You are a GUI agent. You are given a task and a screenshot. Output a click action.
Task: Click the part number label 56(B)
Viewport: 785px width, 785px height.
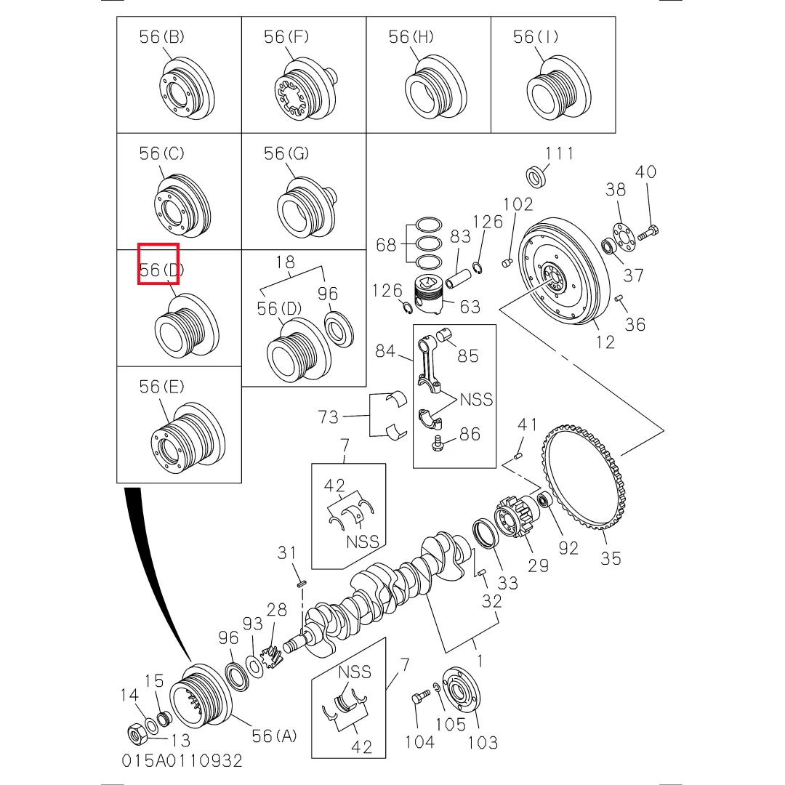[161, 36]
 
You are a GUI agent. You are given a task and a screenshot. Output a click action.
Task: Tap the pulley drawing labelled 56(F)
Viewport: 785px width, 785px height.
[305, 90]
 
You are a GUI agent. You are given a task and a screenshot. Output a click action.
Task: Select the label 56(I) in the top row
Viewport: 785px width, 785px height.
[536, 36]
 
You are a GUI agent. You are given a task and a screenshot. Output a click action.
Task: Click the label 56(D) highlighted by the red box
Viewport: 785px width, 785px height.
[161, 270]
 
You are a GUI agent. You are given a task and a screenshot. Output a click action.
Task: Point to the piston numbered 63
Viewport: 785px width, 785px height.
[429, 294]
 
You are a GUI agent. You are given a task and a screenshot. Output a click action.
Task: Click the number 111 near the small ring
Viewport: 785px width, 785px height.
[559, 153]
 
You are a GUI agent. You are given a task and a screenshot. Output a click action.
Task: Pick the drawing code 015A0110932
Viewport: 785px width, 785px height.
[182, 761]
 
